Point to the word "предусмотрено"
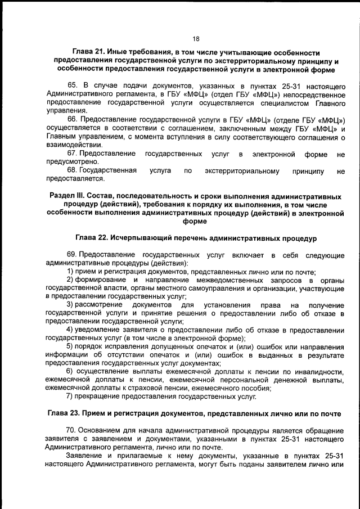(x=71, y=162)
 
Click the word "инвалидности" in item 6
(x=314, y=373)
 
